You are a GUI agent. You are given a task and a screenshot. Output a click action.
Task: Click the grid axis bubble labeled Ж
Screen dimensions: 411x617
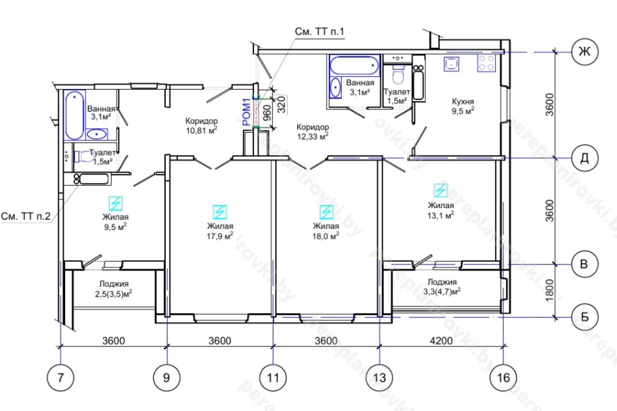click(584, 51)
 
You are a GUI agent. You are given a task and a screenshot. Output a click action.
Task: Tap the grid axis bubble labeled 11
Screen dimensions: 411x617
click(273, 377)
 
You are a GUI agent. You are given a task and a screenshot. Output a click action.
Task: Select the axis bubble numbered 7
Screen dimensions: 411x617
click(61, 377)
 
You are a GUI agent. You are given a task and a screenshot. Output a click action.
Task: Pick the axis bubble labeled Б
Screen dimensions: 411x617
click(584, 317)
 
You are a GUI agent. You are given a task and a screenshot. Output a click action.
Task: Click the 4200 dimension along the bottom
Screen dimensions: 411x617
click(441, 341)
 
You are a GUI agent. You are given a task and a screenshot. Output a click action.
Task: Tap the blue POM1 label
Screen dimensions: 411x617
click(247, 112)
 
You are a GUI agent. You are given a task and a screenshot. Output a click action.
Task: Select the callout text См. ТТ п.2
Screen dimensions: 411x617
click(26, 216)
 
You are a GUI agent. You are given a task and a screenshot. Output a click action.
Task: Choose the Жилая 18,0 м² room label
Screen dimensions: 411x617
click(326, 230)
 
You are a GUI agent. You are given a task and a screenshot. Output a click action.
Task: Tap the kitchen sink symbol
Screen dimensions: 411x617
click(452, 63)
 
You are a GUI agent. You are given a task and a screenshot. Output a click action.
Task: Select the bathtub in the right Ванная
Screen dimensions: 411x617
click(355, 64)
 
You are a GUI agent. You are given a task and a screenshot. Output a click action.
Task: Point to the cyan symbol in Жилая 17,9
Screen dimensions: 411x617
click(220, 212)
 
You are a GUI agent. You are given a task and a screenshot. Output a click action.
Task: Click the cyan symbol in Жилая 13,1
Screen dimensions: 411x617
click(440, 190)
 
